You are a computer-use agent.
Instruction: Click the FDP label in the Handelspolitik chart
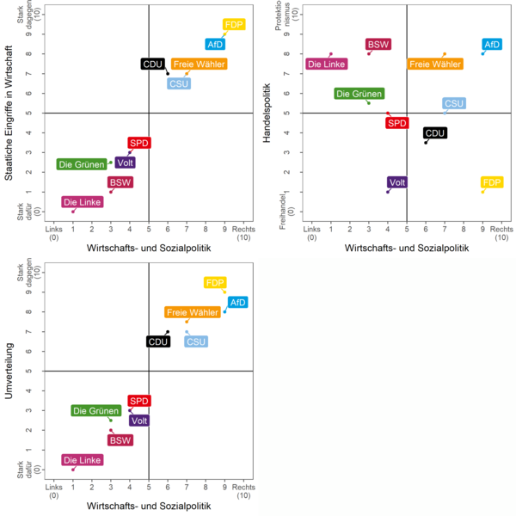click(x=492, y=182)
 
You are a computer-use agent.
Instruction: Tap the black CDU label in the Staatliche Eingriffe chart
click(x=153, y=64)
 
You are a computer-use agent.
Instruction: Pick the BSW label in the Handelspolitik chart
click(x=378, y=45)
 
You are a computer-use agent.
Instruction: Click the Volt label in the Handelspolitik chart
click(x=396, y=182)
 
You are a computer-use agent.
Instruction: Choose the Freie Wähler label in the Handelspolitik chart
click(x=439, y=64)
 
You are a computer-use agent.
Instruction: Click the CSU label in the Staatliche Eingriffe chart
click(x=179, y=83)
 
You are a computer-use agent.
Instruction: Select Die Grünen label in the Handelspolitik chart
click(x=359, y=94)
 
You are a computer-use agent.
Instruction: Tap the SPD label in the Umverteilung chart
click(x=139, y=401)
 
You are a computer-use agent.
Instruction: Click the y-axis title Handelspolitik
click(x=267, y=113)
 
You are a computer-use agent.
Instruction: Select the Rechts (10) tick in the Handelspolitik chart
click(x=501, y=233)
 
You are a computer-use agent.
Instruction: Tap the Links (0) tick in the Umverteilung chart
click(x=53, y=491)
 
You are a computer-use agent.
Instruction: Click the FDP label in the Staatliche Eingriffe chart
click(x=234, y=25)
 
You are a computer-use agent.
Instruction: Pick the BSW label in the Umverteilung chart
click(x=120, y=440)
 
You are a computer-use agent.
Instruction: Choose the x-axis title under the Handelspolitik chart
click(x=406, y=248)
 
